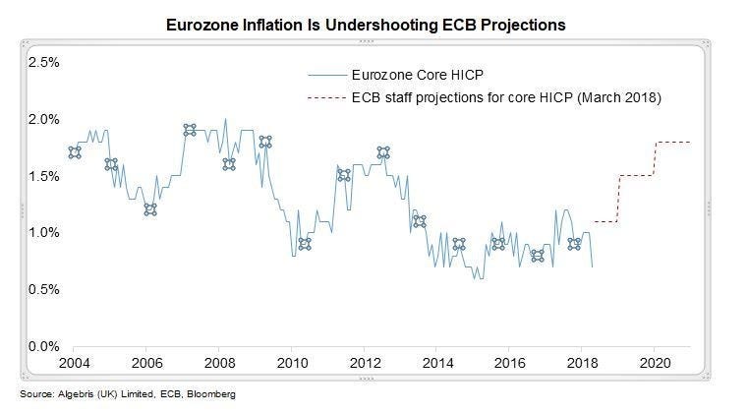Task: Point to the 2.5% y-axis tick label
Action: (44, 62)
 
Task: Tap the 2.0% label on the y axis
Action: (44, 119)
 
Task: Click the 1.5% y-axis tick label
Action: (44, 176)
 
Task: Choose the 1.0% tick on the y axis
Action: (44, 233)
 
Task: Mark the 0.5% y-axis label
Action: (44, 290)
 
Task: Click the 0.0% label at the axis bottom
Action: (44, 346)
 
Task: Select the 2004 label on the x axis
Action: (74, 363)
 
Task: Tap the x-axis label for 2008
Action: (219, 363)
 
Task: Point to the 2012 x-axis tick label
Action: (365, 363)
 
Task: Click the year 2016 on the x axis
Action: (510, 363)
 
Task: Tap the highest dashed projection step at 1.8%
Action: (673, 143)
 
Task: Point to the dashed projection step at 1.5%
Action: (637, 176)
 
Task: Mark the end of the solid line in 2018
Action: (592, 266)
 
